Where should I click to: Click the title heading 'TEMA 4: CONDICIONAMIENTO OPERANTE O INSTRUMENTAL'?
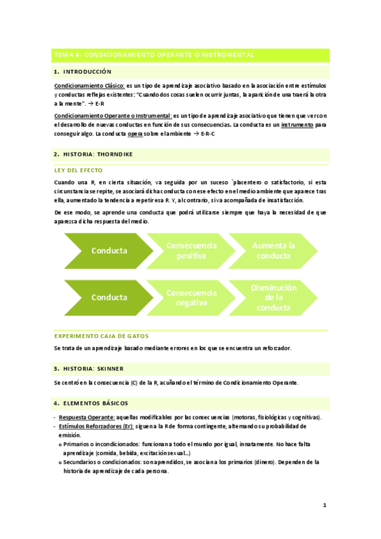[155, 55]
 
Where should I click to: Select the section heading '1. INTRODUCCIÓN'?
[83, 72]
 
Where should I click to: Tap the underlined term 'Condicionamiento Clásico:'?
[89, 84]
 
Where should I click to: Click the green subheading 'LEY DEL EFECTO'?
[78, 170]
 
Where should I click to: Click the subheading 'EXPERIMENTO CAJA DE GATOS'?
[102, 336]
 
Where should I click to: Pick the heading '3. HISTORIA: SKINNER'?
[89, 369]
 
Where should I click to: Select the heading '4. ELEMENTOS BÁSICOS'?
[91, 403]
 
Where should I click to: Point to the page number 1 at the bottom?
[324, 506]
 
